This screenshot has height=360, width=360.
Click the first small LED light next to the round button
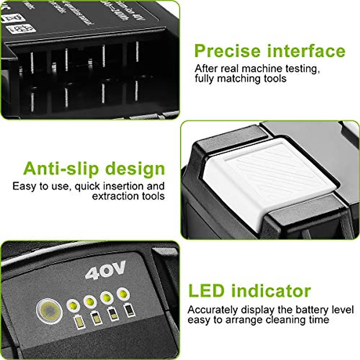(72, 305)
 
